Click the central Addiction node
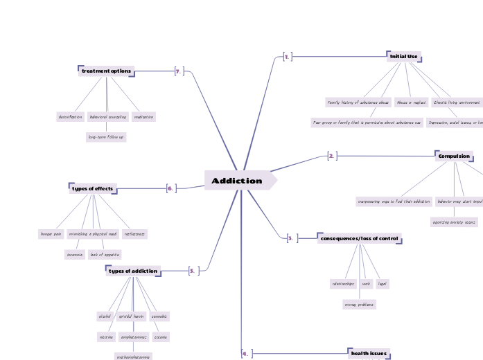(238, 181)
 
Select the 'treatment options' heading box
(106, 71)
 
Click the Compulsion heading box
(454, 156)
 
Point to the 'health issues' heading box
(369, 353)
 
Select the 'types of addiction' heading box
(133, 270)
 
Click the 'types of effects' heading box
(93, 188)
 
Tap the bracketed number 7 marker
(179, 71)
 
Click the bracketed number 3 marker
(291, 238)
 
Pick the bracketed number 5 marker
(193, 271)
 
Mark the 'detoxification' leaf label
(70, 117)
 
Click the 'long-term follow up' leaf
(106, 137)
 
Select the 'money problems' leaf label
(359, 304)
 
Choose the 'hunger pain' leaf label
(51, 234)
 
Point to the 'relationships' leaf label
(342, 283)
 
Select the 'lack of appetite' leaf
(105, 254)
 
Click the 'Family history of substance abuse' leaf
(358, 102)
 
